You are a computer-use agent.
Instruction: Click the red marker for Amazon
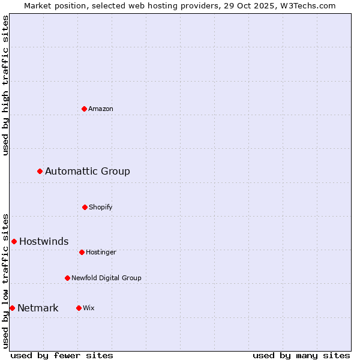click(85, 109)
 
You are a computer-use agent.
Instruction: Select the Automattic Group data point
click(40, 172)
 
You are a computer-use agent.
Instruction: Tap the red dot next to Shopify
click(85, 207)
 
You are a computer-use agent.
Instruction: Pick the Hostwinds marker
click(14, 241)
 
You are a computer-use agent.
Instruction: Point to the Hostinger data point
click(82, 252)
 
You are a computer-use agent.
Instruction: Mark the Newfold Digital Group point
click(67, 278)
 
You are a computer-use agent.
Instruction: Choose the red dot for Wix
click(79, 308)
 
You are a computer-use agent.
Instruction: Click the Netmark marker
click(12, 308)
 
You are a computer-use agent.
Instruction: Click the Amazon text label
click(101, 109)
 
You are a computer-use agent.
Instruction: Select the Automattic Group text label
click(88, 172)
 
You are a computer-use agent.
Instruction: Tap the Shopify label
click(101, 207)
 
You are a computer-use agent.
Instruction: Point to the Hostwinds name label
click(44, 241)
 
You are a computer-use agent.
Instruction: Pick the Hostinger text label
click(101, 252)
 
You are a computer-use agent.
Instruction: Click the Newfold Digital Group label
click(106, 278)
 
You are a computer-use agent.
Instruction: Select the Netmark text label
click(38, 308)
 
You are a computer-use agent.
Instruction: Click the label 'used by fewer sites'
click(62, 355)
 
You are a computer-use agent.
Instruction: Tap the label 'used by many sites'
click(301, 355)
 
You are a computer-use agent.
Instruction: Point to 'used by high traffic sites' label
click(5, 85)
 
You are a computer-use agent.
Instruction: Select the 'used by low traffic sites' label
click(5, 281)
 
